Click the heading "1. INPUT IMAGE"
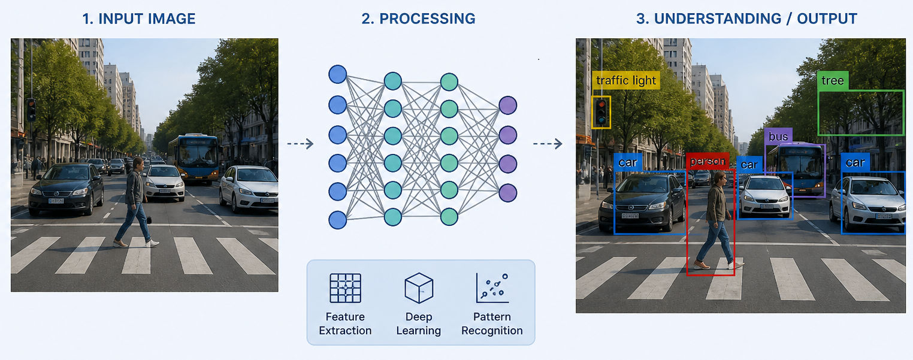pyautogui.click(x=139, y=19)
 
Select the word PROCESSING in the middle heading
pyautogui.click(x=427, y=19)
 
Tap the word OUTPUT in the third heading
pyautogui.click(x=827, y=19)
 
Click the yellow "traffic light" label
pyautogui.click(x=626, y=80)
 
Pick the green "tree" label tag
pyautogui.click(x=833, y=80)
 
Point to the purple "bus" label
pyautogui.click(x=778, y=136)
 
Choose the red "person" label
pyautogui.click(x=708, y=161)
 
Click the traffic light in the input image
pyautogui.click(x=31, y=110)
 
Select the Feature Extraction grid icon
pyautogui.click(x=345, y=288)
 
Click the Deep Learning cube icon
pyautogui.click(x=419, y=288)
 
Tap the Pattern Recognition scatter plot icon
pyautogui.click(x=492, y=288)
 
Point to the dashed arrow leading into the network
pyautogui.click(x=300, y=144)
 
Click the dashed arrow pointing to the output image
pyautogui.click(x=548, y=144)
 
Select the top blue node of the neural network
pyautogui.click(x=337, y=74)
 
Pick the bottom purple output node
pyautogui.click(x=508, y=193)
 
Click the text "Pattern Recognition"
pyautogui.click(x=492, y=323)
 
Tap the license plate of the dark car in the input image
pyautogui.click(x=56, y=201)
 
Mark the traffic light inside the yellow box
pyautogui.click(x=601, y=112)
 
